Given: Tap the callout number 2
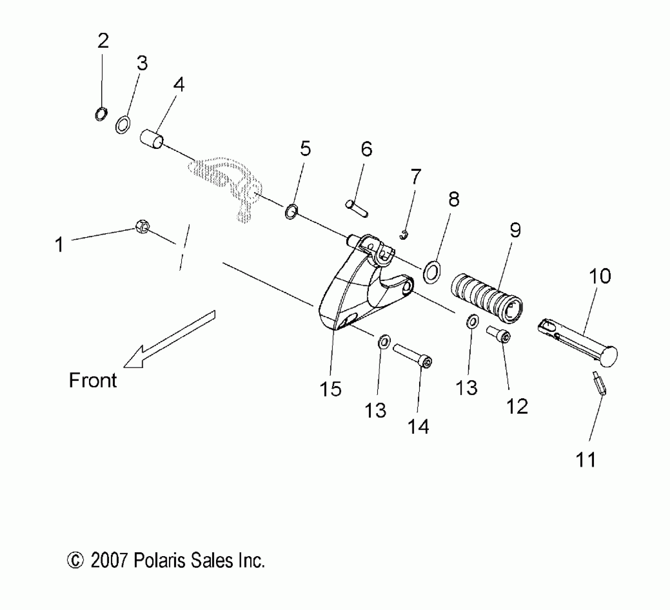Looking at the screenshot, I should click(x=103, y=42).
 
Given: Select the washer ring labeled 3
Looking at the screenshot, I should click(x=123, y=124).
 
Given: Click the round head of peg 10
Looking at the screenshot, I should click(x=607, y=356).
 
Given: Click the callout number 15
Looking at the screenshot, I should click(x=331, y=389).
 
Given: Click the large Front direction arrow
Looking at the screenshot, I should click(x=169, y=339).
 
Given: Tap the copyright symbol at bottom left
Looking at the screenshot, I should click(x=75, y=560).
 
